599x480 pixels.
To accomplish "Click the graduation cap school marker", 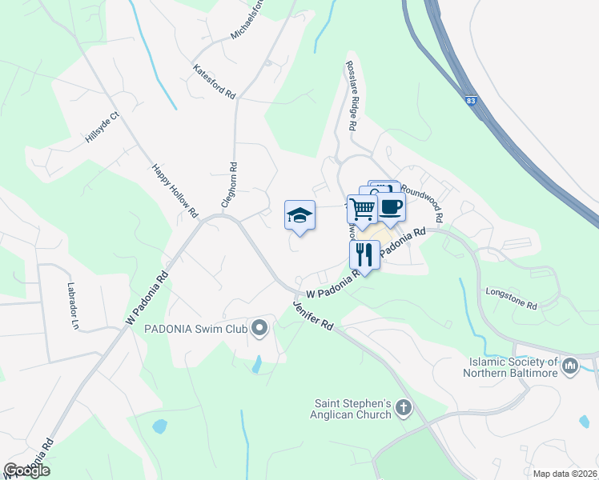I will coord(299,215).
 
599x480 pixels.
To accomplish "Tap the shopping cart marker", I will coord(362,210).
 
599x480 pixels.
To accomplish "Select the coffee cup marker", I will coord(391,206).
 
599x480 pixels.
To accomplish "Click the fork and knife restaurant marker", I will coord(364,255).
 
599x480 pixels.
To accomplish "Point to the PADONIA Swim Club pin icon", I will coord(259,329).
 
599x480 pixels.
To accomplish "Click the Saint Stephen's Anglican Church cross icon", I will coord(404,409).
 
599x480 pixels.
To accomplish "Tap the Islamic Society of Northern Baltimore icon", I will coord(570,366).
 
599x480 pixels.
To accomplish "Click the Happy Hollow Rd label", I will coord(175,191).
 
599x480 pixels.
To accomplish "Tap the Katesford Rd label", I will coord(215,82).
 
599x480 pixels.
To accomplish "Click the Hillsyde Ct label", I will coord(102,128).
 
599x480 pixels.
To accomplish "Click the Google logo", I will coord(26,470).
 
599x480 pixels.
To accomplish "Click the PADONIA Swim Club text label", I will coord(195,329).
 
